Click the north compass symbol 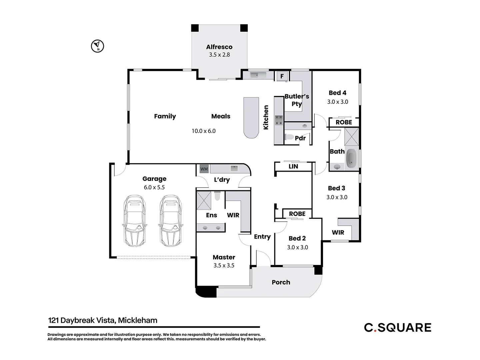point(98,46)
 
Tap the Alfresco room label point(219,47)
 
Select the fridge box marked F point(282,76)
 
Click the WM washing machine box point(204,169)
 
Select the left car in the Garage point(135,221)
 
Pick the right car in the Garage point(171,221)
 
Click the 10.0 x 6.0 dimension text point(203,131)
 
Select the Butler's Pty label point(296,100)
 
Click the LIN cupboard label point(293,166)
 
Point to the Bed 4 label point(337,93)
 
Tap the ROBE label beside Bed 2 point(297,214)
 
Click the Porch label point(281,282)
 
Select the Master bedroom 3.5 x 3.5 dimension point(224,266)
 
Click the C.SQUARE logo point(397,328)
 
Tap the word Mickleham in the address point(138,321)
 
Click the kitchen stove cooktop point(279,120)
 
